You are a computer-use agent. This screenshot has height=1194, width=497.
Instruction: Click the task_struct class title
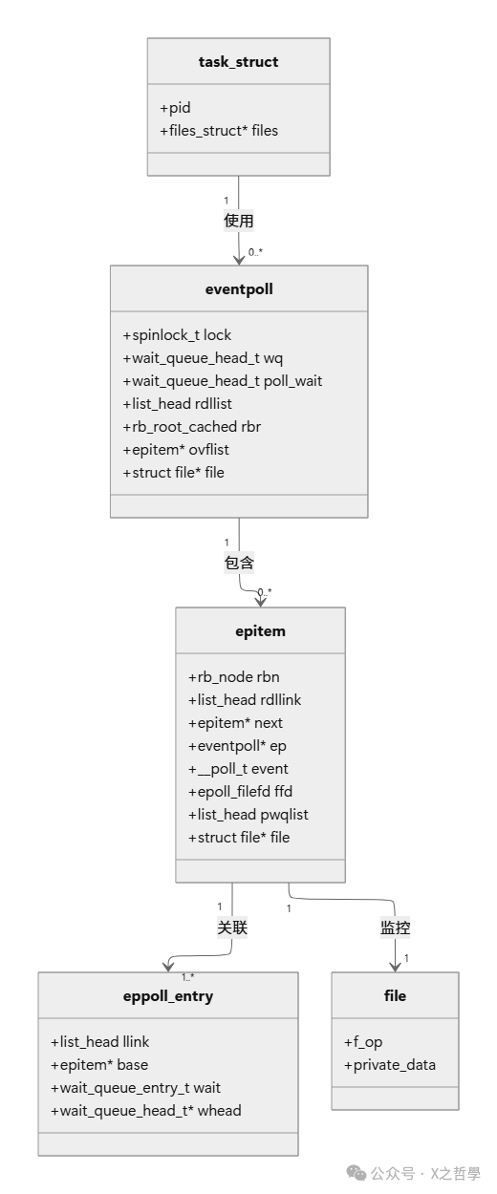[238, 62]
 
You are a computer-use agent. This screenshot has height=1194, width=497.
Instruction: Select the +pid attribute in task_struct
[175, 108]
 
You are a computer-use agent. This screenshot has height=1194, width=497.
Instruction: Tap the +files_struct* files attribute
[219, 130]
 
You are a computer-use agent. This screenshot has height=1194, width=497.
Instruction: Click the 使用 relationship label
[238, 221]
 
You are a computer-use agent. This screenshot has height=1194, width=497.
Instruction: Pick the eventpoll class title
[239, 288]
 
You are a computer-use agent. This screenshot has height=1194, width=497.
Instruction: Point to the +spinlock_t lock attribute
[177, 335]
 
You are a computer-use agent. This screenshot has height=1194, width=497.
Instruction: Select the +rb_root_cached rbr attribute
[191, 427]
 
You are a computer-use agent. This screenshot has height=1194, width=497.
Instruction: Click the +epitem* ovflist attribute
[176, 449]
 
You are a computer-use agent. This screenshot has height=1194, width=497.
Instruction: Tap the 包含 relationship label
[239, 563]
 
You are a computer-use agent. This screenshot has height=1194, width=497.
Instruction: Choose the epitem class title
[260, 630]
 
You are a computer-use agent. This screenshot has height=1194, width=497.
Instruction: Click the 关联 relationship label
[232, 927]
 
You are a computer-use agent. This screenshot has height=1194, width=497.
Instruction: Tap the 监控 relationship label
[396, 927]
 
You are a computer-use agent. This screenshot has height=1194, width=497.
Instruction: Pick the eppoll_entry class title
[168, 995]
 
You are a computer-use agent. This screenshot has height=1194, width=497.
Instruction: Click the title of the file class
[395, 995]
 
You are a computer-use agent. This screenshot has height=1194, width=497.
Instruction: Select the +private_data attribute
[389, 1065]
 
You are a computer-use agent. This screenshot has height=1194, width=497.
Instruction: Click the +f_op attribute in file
[363, 1042]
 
